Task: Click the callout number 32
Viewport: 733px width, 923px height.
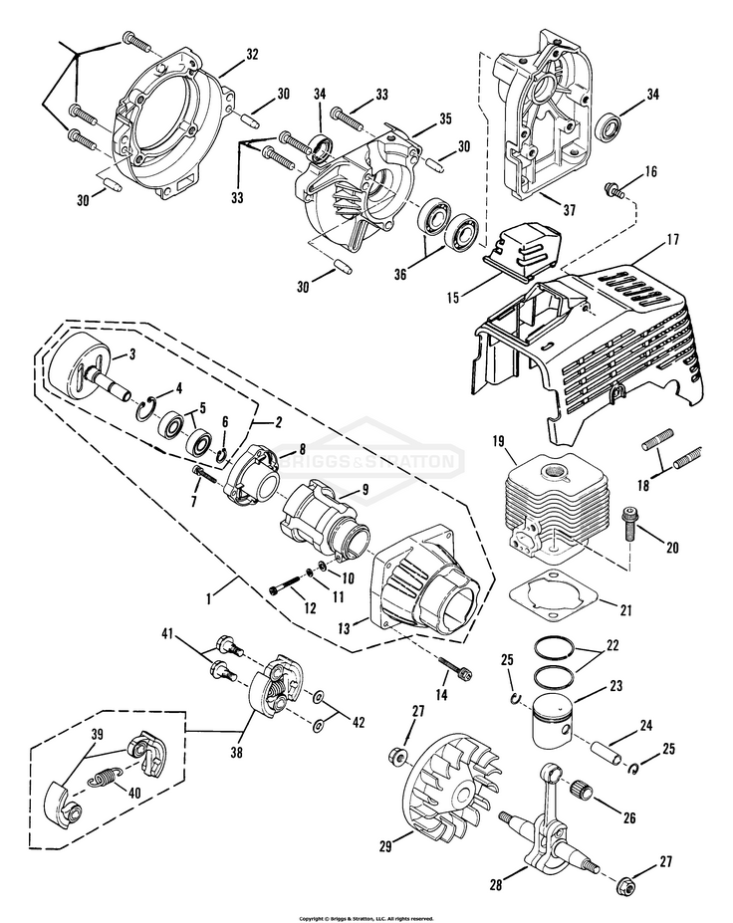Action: tap(252, 54)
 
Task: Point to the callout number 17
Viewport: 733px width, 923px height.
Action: tap(656, 240)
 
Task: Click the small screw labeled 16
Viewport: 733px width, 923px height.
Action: tap(613, 189)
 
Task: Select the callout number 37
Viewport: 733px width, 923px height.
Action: tap(569, 209)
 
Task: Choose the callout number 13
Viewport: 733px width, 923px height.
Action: tap(344, 628)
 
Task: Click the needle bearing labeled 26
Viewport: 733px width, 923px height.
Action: tap(584, 790)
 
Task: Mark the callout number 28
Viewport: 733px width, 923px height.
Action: tap(496, 884)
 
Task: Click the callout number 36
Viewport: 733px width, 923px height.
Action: tap(400, 275)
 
